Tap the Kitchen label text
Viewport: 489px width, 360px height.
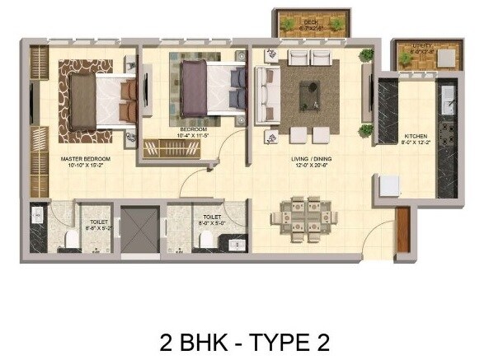[414, 136]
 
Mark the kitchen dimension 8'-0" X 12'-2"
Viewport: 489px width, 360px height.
[414, 143]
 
